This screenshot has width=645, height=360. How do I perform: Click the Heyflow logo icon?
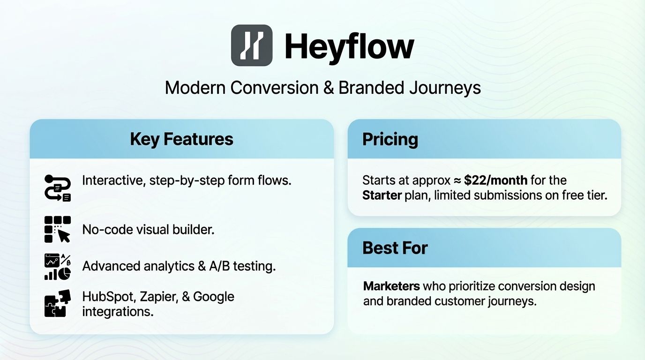[252, 45]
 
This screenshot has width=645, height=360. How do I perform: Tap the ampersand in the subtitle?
[328, 88]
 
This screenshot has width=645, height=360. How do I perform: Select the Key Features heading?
[181, 139]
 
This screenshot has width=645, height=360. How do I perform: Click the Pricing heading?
[390, 139]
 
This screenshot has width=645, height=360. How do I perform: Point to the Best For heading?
[395, 248]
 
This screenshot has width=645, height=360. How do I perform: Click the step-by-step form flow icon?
[57, 187]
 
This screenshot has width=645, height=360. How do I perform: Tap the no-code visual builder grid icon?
[57, 229]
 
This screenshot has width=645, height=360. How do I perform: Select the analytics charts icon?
[57, 266]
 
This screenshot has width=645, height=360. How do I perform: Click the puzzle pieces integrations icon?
[57, 303]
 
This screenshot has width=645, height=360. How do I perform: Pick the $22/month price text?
[496, 180]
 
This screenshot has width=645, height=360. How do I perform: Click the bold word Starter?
[382, 195]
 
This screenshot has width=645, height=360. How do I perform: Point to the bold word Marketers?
[391, 286]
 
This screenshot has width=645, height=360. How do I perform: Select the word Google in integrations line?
[213, 297]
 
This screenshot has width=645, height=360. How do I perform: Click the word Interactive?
[112, 180]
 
